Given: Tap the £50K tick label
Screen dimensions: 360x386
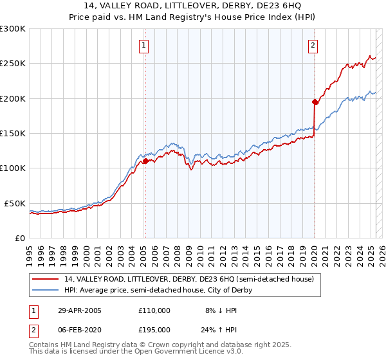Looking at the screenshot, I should pyautogui.click(x=15, y=203).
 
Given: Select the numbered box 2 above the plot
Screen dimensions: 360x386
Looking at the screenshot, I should pyautogui.click(x=312, y=46).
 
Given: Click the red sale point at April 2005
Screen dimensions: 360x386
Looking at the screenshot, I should pyautogui.click(x=145, y=161).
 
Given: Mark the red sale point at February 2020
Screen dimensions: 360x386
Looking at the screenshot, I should pyautogui.click(x=315, y=102).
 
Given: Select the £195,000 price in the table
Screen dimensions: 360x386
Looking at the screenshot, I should pyautogui.click(x=154, y=330).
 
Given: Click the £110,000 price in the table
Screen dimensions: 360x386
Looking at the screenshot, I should pyautogui.click(x=154, y=310).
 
